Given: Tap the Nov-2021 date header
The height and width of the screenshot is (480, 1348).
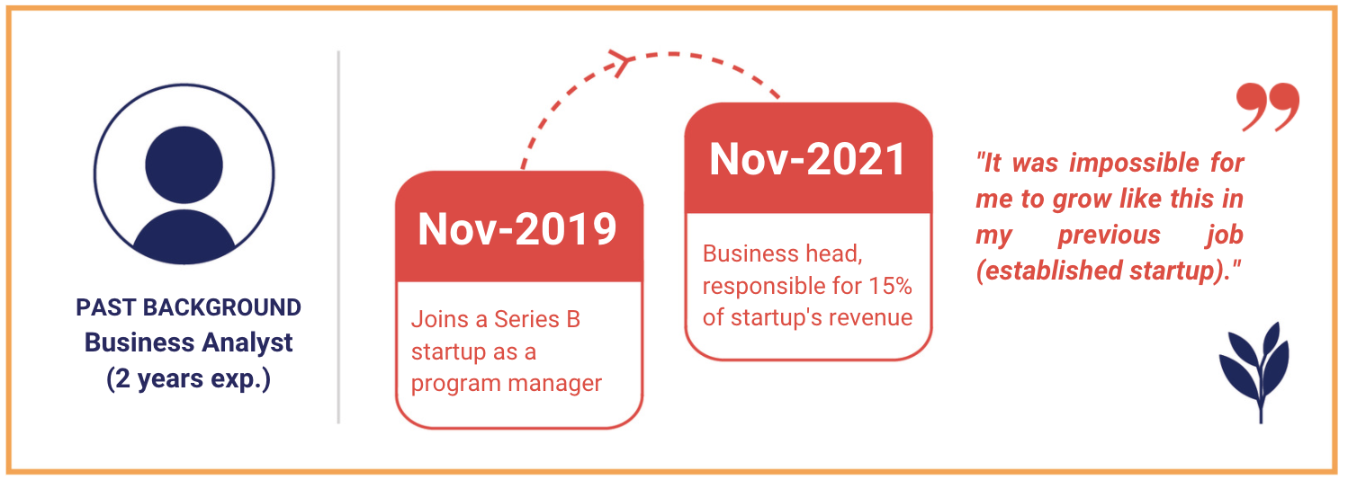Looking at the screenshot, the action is pyautogui.click(x=808, y=160).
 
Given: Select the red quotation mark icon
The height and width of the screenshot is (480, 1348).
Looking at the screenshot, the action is pyautogui.click(x=1267, y=107).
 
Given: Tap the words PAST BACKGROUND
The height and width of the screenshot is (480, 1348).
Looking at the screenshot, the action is pyautogui.click(x=188, y=307).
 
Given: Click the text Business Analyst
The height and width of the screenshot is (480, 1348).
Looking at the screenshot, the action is pyautogui.click(x=188, y=343).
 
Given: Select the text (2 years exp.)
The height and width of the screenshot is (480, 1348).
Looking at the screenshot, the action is pyautogui.click(x=188, y=379).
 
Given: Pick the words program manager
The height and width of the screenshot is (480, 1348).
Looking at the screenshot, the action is pyautogui.click(x=506, y=384).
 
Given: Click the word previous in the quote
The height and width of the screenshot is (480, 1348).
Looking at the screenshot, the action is pyautogui.click(x=1110, y=235).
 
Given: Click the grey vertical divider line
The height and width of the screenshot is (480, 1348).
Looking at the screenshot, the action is pyautogui.click(x=339, y=237).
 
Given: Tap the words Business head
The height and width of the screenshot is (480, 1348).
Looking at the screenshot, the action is pyautogui.click(x=782, y=254).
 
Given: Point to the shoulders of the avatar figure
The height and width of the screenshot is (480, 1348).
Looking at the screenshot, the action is pyautogui.click(x=184, y=236).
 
